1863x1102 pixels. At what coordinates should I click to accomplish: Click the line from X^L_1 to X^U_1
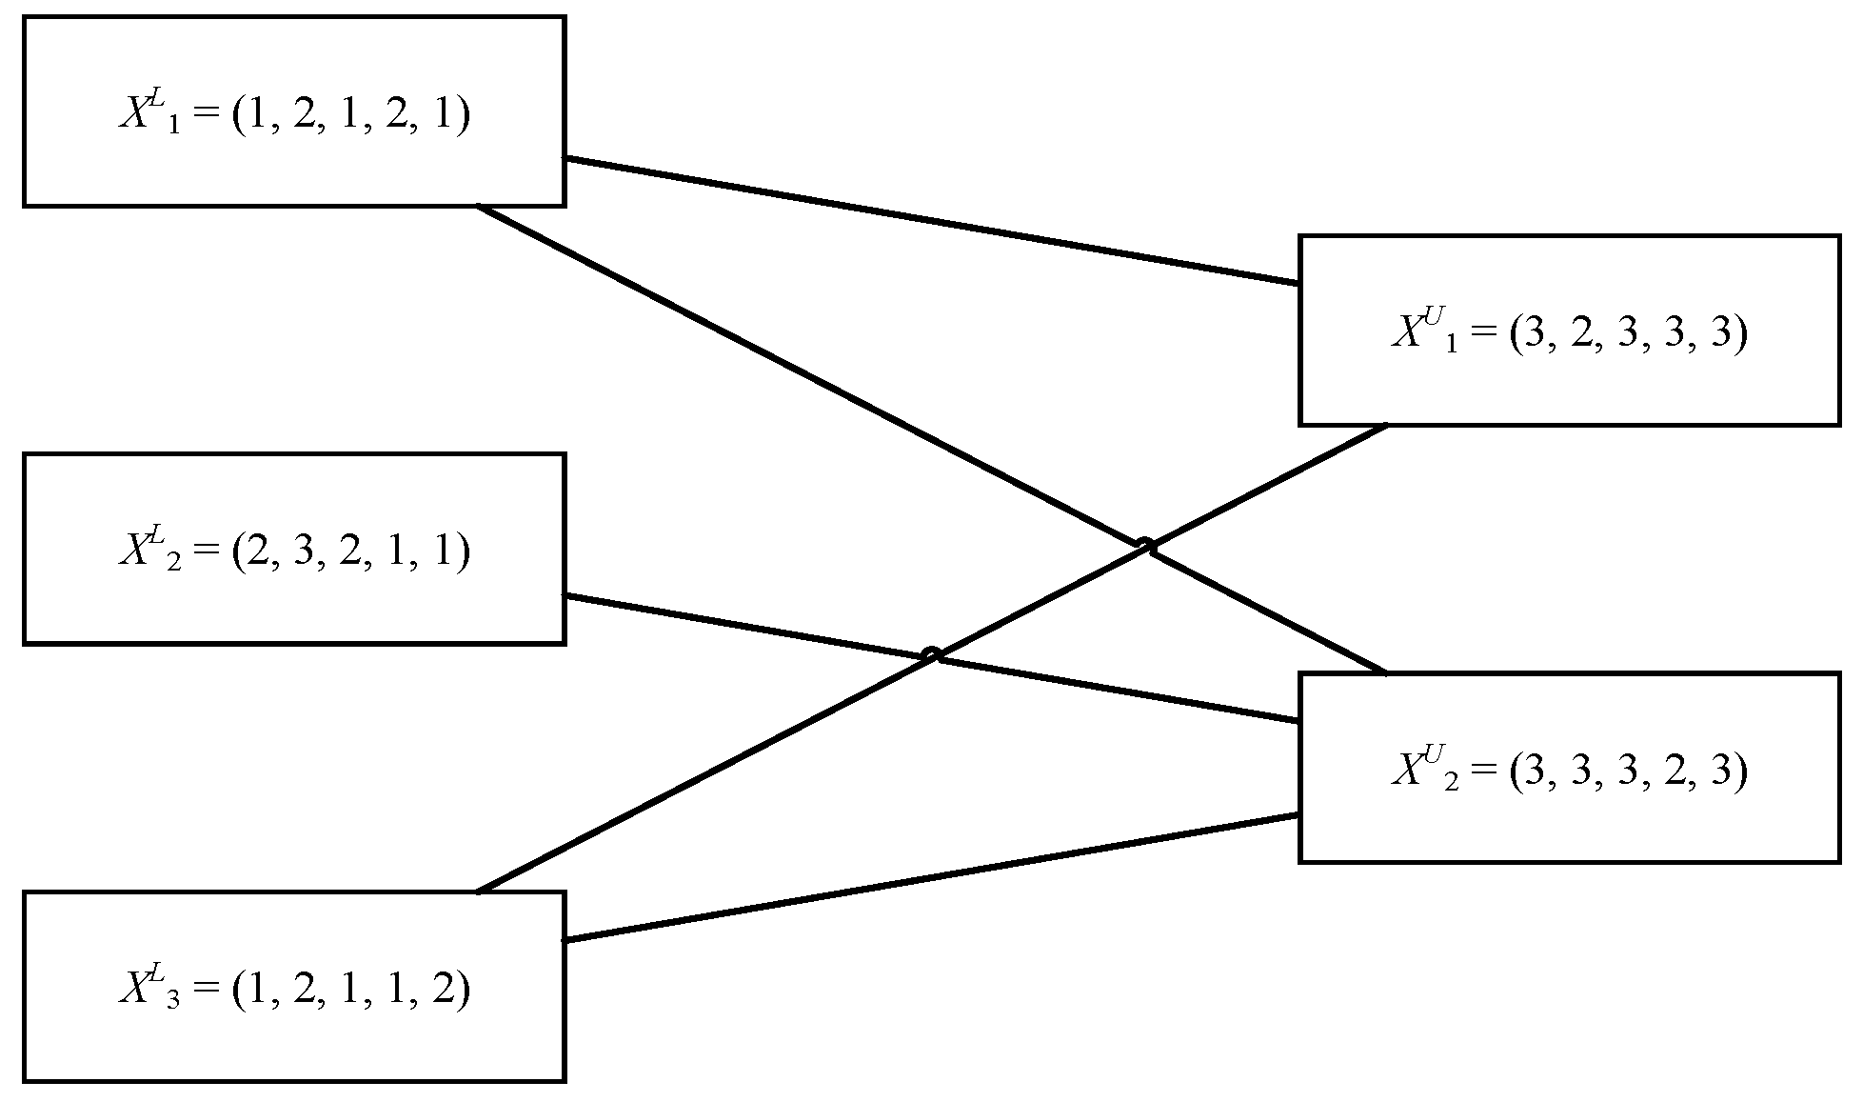pos(933,222)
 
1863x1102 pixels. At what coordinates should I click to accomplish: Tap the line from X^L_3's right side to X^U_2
pos(933,877)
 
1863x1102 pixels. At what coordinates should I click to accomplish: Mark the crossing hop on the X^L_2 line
pos(932,654)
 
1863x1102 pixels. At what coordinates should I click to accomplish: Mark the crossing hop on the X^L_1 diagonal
pos(1146,546)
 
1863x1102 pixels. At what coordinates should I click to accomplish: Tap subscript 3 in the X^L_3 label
pos(172,1002)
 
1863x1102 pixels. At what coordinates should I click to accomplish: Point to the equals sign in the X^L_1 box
pos(206,117)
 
